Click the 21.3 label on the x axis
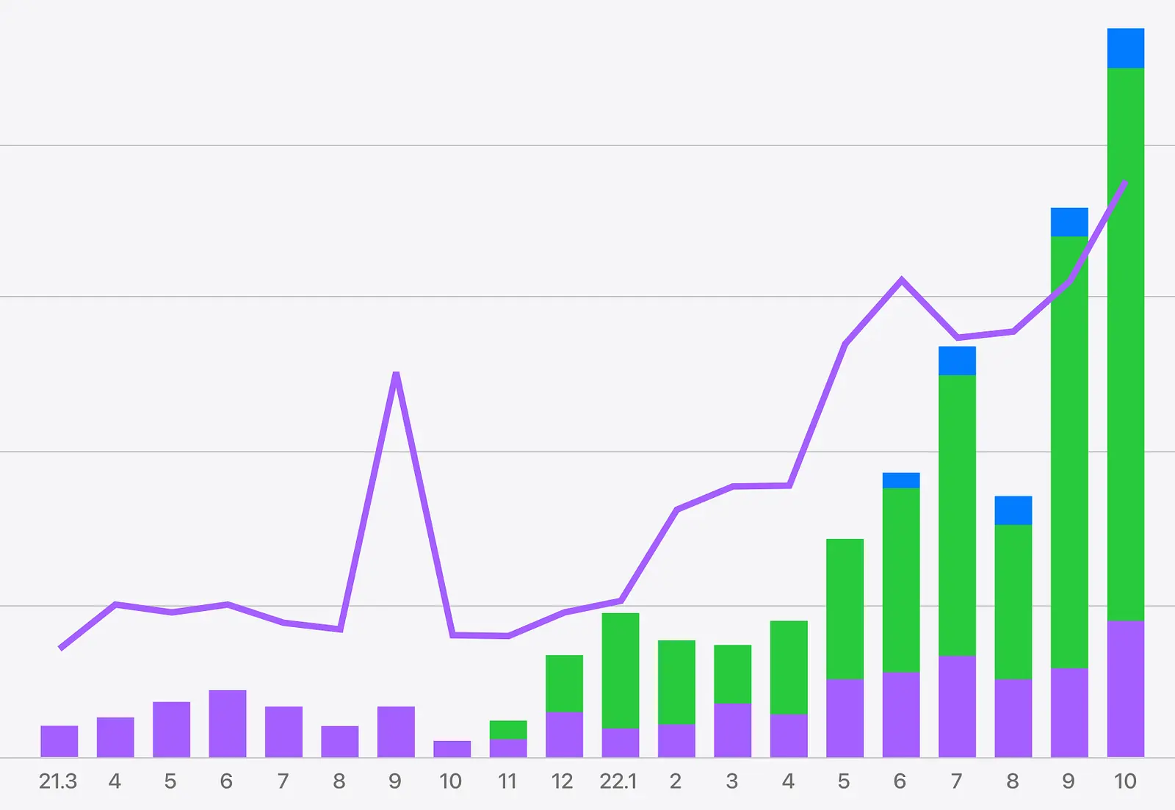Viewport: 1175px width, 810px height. point(58,781)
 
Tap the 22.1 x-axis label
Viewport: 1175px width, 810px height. point(618,781)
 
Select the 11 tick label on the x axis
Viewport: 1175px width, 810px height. point(507,781)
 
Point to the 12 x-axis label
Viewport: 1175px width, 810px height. point(563,781)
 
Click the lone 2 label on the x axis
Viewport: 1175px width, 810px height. point(676,781)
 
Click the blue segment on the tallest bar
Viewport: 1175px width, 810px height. point(1126,48)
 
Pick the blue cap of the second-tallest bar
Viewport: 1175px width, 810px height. point(1069,223)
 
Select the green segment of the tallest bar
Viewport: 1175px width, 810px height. point(1126,344)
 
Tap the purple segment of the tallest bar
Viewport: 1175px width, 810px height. point(1126,690)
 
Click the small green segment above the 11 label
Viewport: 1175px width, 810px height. point(508,730)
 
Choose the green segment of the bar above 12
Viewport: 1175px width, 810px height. point(565,684)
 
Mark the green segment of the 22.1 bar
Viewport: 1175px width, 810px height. point(621,671)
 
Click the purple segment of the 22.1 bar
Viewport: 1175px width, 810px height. point(621,743)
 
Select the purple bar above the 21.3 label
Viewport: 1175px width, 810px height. point(59,742)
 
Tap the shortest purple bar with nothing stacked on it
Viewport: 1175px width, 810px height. point(452,749)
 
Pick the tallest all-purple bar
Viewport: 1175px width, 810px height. point(228,724)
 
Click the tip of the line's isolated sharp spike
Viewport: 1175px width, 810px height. point(396,373)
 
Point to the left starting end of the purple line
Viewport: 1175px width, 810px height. point(59,649)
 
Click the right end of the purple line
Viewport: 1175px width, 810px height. point(1126,181)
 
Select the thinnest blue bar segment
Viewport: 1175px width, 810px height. point(901,480)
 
